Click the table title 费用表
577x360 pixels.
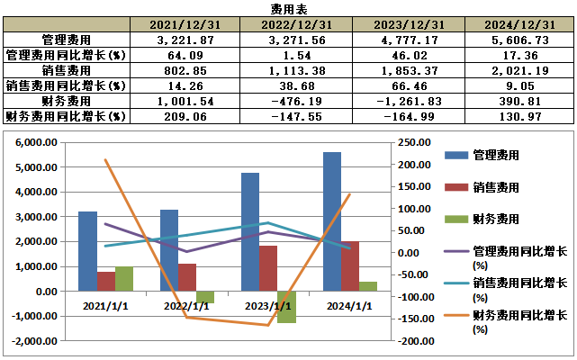(288, 8)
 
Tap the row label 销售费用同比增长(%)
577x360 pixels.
(64, 85)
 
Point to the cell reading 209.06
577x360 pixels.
(184, 116)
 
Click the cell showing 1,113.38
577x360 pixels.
(294, 70)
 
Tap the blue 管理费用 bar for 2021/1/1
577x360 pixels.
(87, 251)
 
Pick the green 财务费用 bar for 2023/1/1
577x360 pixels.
(286, 307)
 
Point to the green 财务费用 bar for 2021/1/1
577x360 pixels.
(123, 279)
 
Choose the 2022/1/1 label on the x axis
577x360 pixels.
(185, 305)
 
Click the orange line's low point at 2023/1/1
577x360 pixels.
(268, 325)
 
